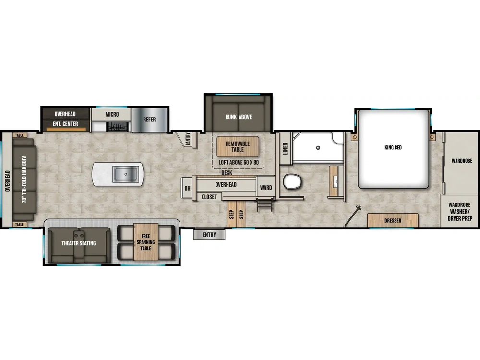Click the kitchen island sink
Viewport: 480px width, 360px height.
coord(126,174)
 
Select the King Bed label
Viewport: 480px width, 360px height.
coord(393,148)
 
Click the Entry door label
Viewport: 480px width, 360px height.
coord(209,235)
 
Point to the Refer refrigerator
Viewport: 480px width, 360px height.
coord(149,120)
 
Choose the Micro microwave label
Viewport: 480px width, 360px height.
coord(112,114)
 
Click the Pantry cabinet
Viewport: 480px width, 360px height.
coord(186,139)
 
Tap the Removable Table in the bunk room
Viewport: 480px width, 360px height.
coord(238,146)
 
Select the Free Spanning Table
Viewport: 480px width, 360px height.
coord(145,242)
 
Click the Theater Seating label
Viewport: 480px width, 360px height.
coord(79,243)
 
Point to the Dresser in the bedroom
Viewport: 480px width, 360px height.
coord(393,221)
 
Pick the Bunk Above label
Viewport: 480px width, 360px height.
coord(239,117)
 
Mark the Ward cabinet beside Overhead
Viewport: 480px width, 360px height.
coord(266,188)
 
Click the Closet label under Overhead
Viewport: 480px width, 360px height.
coord(209,197)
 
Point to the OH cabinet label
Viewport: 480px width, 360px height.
coord(187,188)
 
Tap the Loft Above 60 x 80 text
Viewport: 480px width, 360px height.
coord(239,162)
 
